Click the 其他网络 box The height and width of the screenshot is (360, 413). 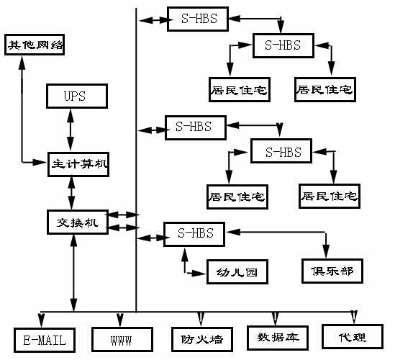35,45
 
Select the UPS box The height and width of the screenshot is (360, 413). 77,96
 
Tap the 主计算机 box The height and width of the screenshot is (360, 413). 78,164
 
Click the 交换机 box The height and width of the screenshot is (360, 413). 78,222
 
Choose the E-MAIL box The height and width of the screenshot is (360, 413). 45,340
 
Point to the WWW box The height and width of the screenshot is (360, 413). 122,339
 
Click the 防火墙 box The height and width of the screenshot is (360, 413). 202,339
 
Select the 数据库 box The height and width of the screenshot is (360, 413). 278,338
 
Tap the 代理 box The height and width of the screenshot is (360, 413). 353,336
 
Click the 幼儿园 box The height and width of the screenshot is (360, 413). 237,271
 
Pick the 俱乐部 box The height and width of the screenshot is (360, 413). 332,271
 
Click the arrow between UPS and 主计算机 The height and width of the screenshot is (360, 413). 71,130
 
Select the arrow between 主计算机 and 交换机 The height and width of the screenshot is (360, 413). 71,193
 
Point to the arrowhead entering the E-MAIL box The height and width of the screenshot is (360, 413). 41,320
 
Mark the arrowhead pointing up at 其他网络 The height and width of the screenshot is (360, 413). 22,63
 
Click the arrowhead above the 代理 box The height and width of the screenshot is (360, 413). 354,318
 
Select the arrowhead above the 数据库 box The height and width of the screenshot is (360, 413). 276,319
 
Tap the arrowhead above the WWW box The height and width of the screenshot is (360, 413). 120,320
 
